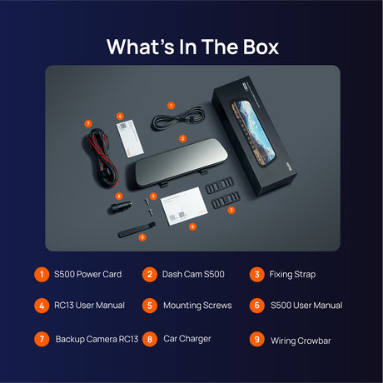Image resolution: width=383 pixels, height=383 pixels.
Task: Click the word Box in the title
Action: coord(261,47)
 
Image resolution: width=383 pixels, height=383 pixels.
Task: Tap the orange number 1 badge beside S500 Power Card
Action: coord(42,275)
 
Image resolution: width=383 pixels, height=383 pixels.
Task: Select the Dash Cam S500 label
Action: coord(193,274)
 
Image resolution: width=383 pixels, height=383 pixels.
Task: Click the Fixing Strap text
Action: coord(292,275)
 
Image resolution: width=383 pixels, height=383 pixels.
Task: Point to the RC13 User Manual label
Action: coord(89,306)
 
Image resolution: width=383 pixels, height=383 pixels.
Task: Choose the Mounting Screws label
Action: coord(197,306)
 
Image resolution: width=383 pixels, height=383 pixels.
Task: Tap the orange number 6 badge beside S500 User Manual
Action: coord(256,306)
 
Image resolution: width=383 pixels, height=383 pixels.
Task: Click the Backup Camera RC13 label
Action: coord(97,339)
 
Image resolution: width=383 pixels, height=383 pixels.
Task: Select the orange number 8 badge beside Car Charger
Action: coord(150,339)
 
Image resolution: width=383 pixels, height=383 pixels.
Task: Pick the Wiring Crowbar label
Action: coord(301,341)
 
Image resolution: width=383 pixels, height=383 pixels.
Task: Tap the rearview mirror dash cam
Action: coord(181,164)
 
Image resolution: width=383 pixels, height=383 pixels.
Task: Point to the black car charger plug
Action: coord(120,207)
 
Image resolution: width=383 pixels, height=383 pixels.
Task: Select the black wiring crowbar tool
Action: coord(137,230)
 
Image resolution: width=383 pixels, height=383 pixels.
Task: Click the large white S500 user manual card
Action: coord(184,206)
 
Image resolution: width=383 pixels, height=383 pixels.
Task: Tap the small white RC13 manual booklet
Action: coord(130,138)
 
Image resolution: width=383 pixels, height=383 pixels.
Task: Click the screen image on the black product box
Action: coord(253,134)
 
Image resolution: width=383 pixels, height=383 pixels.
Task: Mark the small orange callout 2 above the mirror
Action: coord(182,138)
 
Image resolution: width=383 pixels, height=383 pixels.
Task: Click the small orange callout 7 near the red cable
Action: coord(88,123)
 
